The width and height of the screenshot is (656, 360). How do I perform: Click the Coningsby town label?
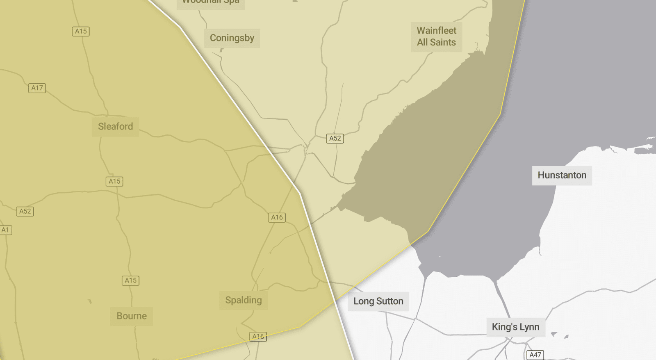(x=232, y=38)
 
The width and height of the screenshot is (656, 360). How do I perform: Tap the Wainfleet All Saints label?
(x=436, y=36)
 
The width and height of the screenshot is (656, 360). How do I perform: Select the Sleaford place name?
(x=115, y=126)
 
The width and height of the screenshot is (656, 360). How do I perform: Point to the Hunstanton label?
(x=562, y=175)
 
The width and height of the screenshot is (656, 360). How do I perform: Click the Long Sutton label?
(x=378, y=301)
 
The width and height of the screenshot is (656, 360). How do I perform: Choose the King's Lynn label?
(x=515, y=327)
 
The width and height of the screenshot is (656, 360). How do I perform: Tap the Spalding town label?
(x=243, y=300)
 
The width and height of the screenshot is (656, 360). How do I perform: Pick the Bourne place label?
(x=131, y=316)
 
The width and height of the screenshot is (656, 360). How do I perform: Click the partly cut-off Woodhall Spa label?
(x=211, y=2)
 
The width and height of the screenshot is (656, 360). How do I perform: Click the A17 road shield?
(x=37, y=88)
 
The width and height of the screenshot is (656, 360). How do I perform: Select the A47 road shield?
(x=535, y=355)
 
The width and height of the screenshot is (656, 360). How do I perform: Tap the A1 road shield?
(x=5, y=230)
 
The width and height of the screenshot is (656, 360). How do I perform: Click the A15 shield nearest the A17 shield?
(x=81, y=31)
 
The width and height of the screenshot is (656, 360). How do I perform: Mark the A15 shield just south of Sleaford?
(x=114, y=181)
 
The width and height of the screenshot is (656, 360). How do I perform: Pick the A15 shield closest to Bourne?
(x=130, y=280)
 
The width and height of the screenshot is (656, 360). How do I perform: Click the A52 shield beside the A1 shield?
(x=25, y=211)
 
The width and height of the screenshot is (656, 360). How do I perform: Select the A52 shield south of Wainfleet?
(x=335, y=138)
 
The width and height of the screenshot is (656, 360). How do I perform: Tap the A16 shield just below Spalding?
(x=258, y=337)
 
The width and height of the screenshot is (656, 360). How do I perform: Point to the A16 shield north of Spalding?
(x=277, y=217)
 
